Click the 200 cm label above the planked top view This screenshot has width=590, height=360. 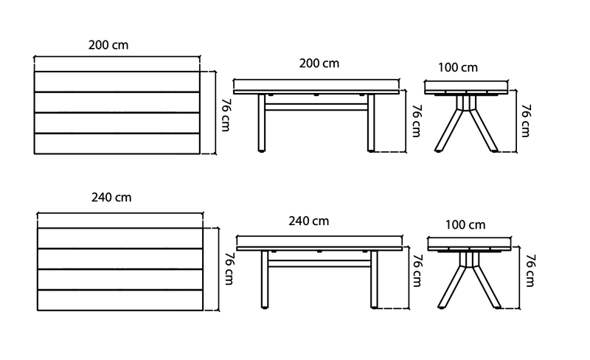click(x=108, y=45)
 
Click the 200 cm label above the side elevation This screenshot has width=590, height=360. click(x=319, y=63)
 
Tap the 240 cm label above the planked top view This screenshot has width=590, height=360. click(x=111, y=197)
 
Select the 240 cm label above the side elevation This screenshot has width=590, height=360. click(x=308, y=221)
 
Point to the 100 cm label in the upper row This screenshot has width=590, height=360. click(x=458, y=67)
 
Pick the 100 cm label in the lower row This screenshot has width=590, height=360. click(x=465, y=225)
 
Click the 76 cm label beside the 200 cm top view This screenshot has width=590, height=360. click(x=226, y=115)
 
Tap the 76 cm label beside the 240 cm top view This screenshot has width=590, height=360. click(x=229, y=268)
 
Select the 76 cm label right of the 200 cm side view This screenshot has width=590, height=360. click(x=417, y=120)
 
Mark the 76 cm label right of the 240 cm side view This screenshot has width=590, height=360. click(x=417, y=271)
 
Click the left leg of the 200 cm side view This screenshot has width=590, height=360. click(x=262, y=122)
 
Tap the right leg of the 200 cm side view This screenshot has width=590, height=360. click(x=371, y=122)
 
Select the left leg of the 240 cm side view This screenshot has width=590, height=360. click(x=265, y=280)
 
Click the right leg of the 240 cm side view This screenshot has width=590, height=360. click(x=374, y=280)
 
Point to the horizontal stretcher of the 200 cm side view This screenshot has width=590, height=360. click(x=316, y=107)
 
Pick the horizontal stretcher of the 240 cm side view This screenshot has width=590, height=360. click(x=319, y=263)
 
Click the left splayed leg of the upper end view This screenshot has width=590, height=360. click(x=449, y=130)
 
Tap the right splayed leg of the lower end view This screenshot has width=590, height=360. click(x=487, y=286)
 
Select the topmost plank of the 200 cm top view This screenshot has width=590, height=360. click(x=117, y=82)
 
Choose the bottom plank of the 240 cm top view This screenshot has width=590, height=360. click(x=120, y=300)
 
